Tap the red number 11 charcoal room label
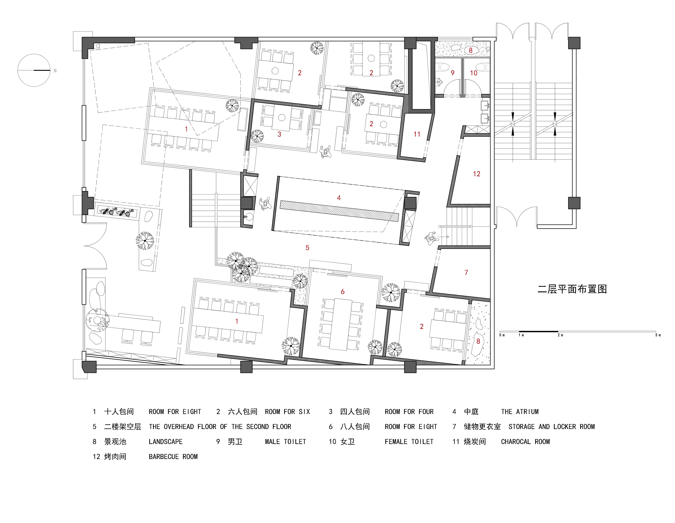(417, 134)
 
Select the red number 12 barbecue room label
(477, 174)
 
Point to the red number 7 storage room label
(466, 272)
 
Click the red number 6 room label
(342, 292)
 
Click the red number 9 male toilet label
(452, 73)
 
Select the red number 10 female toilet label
(473, 73)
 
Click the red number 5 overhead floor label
(307, 248)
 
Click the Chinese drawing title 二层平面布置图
(572, 289)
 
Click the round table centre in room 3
(282, 118)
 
